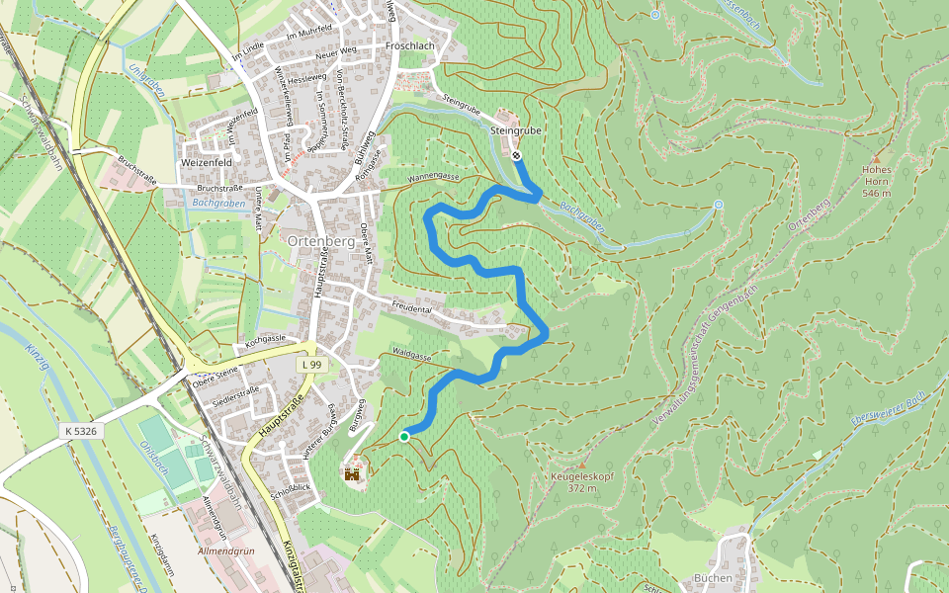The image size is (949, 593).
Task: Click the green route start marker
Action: pyautogui.click(x=404, y=436)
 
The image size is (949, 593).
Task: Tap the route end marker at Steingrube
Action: pyautogui.click(x=517, y=155)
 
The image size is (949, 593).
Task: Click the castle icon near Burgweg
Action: pyautogui.click(x=352, y=475)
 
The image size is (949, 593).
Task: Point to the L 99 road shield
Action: pyautogui.click(x=311, y=365)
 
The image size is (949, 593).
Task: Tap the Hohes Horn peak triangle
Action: pyautogui.click(x=876, y=158)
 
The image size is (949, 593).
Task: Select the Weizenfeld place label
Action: pyautogui.click(x=207, y=162)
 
